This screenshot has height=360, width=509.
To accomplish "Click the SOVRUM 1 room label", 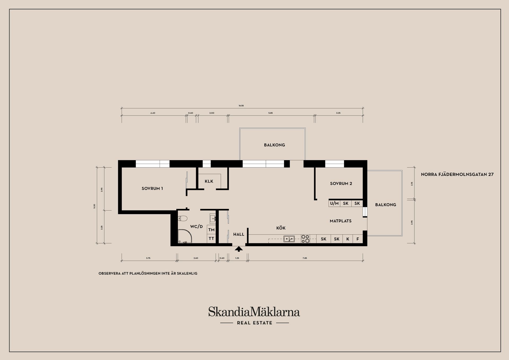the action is (x=152, y=189).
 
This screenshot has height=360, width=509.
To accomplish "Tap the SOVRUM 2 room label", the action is (x=341, y=184).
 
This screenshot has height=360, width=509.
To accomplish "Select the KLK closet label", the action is (x=209, y=181).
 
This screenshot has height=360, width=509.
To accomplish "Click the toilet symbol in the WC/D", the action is (x=182, y=218).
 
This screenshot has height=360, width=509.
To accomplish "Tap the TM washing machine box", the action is (x=211, y=230).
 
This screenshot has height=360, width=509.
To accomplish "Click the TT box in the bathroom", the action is (x=211, y=239).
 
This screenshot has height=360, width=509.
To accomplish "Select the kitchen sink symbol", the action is (x=289, y=239).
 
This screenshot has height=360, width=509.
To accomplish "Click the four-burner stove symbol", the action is (x=305, y=239).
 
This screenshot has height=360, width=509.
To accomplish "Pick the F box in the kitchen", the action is (x=358, y=239).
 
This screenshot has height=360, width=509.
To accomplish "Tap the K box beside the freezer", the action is (x=348, y=239).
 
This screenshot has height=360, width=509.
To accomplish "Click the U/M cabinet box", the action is (x=334, y=203).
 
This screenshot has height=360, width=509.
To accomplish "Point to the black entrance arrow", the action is (x=239, y=249).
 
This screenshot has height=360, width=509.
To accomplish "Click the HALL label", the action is (x=239, y=235).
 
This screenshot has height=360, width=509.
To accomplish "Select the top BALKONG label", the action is (x=274, y=145).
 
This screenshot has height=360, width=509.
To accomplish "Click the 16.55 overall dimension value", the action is (x=241, y=106).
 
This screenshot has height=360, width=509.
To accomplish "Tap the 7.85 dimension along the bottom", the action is (x=305, y=258).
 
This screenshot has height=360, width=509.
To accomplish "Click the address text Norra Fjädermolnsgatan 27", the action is (x=457, y=175).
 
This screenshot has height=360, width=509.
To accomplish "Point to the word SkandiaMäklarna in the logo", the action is (x=254, y=312).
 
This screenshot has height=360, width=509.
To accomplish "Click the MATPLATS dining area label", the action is (x=341, y=221).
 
